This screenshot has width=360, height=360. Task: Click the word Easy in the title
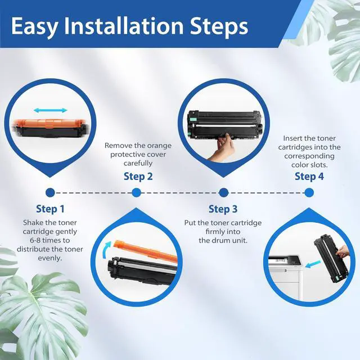[34, 27]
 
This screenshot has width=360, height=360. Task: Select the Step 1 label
[50, 209]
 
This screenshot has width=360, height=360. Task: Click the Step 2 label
[138, 176]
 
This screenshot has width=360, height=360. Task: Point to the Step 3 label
[223, 209]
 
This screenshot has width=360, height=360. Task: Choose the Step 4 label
[309, 176]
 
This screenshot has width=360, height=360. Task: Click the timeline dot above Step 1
[50, 192]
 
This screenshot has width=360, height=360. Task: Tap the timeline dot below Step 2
[137, 192]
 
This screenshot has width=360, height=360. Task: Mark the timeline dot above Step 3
[224, 192]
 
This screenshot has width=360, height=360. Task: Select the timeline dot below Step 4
[309, 192]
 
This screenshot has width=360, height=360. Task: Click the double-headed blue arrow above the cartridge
[50, 110]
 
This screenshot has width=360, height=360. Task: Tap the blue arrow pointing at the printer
[313, 264]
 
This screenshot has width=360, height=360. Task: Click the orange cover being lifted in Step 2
[146, 251]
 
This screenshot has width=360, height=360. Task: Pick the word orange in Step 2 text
[159, 146]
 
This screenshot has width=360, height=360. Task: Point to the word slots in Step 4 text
[318, 165]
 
